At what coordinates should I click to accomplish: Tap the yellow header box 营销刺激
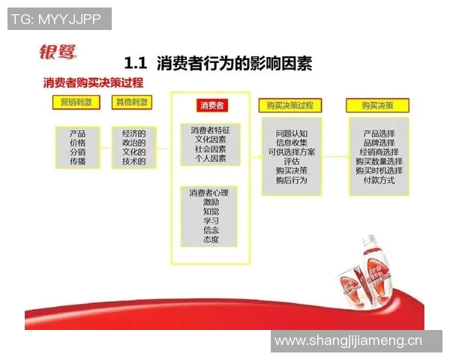[x=77, y=101]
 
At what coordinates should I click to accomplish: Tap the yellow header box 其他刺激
[x=130, y=101]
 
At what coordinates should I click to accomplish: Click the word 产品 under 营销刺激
[x=77, y=133]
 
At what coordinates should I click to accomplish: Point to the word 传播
[x=77, y=161]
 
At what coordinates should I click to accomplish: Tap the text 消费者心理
[x=209, y=193]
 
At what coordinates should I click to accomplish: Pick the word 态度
[x=211, y=239]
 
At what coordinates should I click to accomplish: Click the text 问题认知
[x=291, y=133]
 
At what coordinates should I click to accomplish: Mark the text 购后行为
[x=291, y=180]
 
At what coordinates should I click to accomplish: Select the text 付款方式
[x=379, y=180]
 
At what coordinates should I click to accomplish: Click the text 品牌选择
[x=379, y=142]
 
